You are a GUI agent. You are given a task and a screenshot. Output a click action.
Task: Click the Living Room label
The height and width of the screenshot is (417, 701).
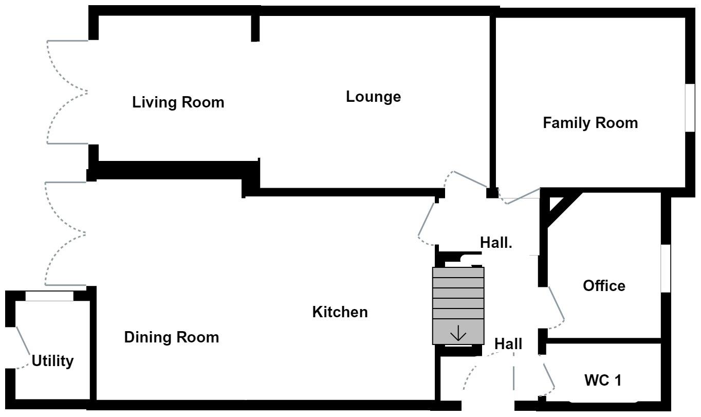pyautogui.click(x=178, y=102)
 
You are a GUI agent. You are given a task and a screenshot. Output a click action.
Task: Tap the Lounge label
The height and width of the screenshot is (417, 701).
pyautogui.click(x=373, y=97)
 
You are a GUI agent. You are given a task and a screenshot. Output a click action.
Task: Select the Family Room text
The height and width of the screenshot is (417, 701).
pyautogui.click(x=590, y=123)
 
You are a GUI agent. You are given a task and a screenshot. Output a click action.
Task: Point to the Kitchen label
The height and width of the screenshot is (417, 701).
pyautogui.click(x=340, y=312)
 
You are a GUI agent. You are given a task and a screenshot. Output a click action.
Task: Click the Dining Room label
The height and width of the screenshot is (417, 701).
pyautogui.click(x=172, y=337)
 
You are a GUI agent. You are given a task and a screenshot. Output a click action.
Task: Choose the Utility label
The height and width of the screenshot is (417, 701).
pyautogui.click(x=52, y=361)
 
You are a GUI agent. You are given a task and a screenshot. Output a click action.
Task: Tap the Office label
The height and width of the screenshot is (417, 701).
pyautogui.click(x=604, y=286)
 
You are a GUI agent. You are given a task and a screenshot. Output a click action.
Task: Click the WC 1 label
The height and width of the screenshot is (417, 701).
pyautogui.click(x=602, y=380)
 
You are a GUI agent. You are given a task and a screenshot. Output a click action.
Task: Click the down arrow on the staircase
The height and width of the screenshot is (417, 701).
pyautogui.click(x=458, y=335)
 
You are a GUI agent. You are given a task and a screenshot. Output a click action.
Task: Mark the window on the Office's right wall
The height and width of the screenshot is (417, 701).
pyautogui.click(x=665, y=268)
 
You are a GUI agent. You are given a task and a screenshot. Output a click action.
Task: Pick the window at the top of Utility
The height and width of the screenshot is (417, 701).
pyautogui.click(x=49, y=296)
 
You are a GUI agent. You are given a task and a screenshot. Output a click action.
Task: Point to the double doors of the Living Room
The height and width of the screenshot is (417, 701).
pyautogui.click(x=67, y=93)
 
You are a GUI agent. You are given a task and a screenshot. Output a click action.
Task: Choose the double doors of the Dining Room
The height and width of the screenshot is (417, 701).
pyautogui.click(x=65, y=234)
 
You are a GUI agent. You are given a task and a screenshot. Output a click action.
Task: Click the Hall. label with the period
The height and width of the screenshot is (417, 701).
pyautogui.click(x=496, y=243)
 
